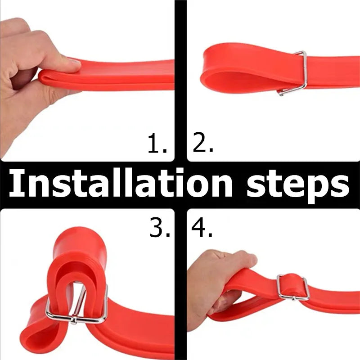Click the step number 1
coord(157,143)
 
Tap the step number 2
coord(203,142)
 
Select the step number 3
coord(160,227)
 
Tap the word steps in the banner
coord(298,186)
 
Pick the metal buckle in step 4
coord(292,288)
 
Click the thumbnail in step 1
coord(74,63)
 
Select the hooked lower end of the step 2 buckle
coord(280,93)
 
